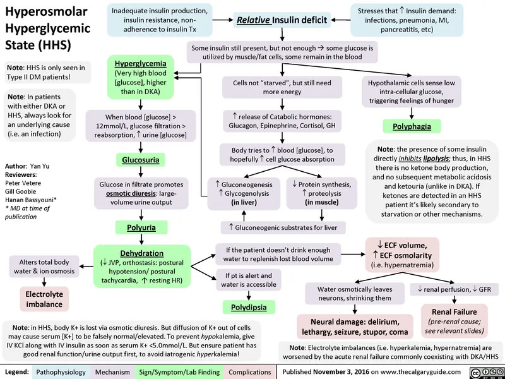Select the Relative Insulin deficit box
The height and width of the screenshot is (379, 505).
tap(282, 20)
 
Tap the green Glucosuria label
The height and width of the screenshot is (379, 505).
tap(141, 159)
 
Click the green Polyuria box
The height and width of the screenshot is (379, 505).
tap(141, 227)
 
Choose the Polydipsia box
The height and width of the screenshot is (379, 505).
tap(248, 308)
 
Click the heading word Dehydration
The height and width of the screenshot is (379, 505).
tap(141, 253)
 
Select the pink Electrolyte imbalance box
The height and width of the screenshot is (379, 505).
tap(43, 299)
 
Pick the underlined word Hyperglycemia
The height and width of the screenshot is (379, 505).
tap(141, 63)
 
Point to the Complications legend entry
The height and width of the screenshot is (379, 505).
tap(250, 372)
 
